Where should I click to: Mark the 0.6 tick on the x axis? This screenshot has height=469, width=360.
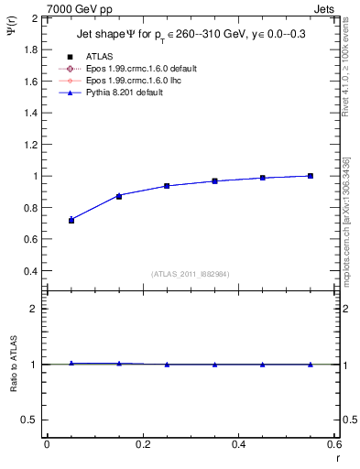(334, 444)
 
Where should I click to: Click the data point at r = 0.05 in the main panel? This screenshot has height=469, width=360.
(71, 220)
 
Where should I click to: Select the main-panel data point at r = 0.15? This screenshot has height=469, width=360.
(119, 196)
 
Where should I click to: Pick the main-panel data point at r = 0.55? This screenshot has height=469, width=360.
(311, 176)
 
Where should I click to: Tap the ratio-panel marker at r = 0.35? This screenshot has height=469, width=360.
(214, 365)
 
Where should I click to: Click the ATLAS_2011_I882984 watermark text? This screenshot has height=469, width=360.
(191, 274)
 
